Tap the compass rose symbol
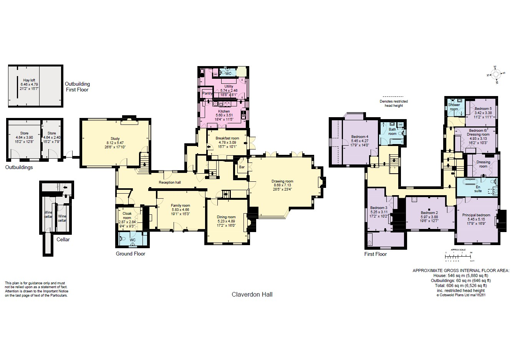[495, 74]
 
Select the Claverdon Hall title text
[252, 294]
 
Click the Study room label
[115, 139]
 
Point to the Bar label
[242, 167]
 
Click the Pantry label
[207, 93]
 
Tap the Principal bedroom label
[478, 215]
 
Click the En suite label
[478, 189]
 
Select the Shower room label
[454, 107]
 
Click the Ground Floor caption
[131, 254]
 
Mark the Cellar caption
[63, 239]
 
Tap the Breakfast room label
[227, 138]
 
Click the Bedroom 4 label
[359, 137]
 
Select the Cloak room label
[127, 216]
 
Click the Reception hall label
[170, 182]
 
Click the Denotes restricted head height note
[394, 103]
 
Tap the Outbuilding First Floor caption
[77, 87]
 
